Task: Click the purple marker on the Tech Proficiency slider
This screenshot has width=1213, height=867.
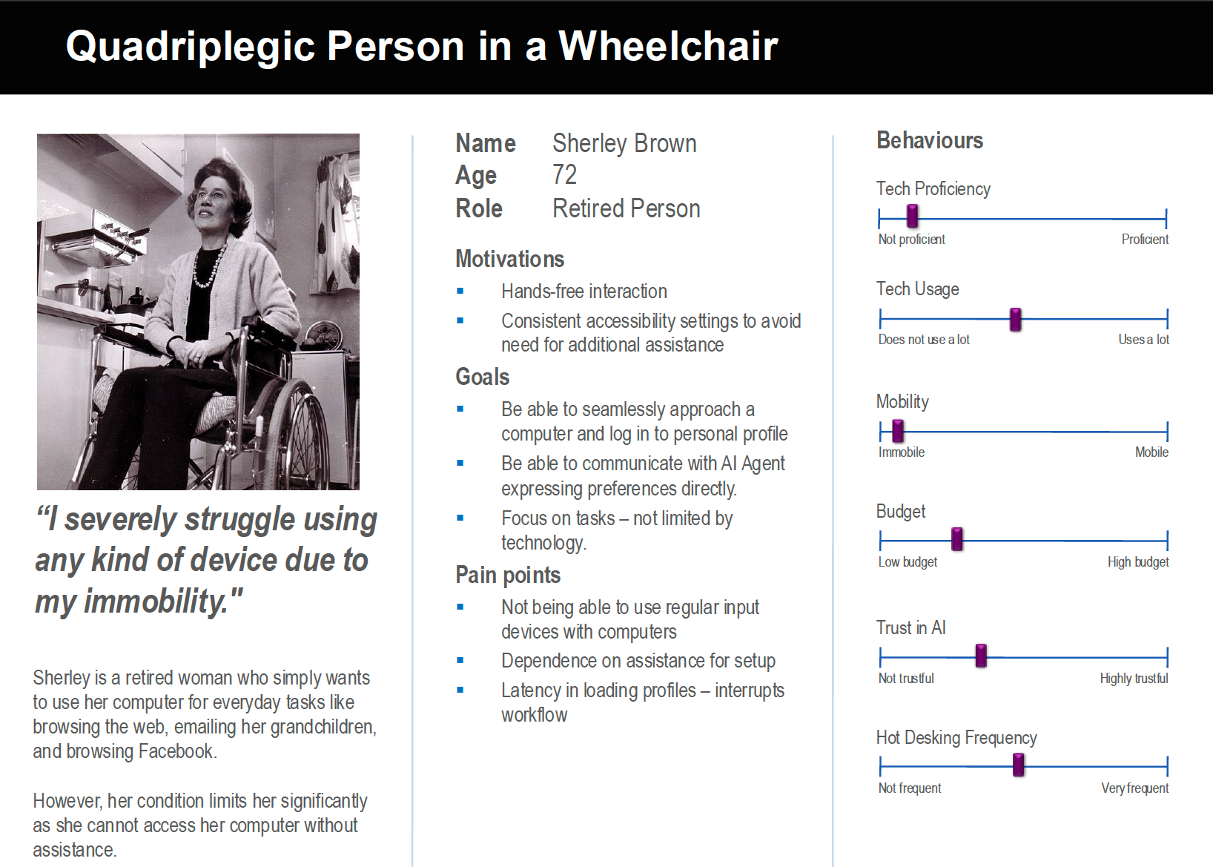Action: (913, 216)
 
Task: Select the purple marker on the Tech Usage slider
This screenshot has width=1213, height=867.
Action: (1016, 320)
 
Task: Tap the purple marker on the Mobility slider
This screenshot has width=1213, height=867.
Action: (898, 431)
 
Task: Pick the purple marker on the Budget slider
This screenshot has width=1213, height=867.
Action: (957, 539)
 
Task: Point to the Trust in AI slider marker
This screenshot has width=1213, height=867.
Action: (981, 656)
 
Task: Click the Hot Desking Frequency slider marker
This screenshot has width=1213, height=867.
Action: (1019, 765)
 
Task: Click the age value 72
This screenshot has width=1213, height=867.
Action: (564, 175)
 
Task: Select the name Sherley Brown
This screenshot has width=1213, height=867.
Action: (624, 143)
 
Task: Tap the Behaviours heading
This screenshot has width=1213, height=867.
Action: (930, 140)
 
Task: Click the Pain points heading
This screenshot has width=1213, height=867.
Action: (508, 576)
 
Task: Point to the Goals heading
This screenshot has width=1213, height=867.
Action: (483, 377)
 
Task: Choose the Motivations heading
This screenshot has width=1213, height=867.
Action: (509, 259)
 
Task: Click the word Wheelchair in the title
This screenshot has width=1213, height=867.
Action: (668, 46)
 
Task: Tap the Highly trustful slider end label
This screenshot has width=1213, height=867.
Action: (1134, 679)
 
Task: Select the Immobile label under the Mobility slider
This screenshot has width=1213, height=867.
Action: (902, 452)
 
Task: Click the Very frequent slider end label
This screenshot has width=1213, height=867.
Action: (1135, 788)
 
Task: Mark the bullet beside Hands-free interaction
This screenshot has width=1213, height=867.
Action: (460, 291)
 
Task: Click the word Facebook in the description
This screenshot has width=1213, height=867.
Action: (178, 751)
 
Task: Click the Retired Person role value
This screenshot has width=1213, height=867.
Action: (626, 208)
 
